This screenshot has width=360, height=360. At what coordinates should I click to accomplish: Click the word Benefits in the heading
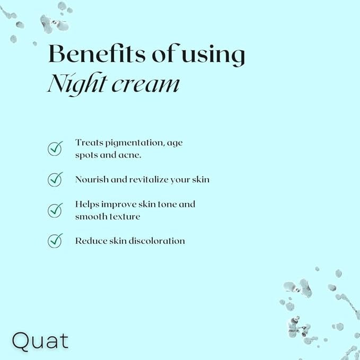[x=97, y=54]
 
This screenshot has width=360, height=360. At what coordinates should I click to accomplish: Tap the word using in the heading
[x=214, y=55]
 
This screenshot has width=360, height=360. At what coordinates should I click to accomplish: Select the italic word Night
[x=77, y=84]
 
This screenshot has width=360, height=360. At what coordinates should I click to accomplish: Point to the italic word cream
[x=146, y=85]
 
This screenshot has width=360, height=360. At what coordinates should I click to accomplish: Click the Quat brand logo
[x=40, y=341]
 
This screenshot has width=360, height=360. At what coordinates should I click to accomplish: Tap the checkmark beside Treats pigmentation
[x=55, y=148]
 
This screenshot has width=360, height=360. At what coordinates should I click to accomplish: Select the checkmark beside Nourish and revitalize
[x=55, y=179]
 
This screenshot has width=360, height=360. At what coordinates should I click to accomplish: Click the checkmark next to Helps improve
[x=55, y=210]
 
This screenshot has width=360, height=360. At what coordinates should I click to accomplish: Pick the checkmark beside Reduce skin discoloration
[x=55, y=241]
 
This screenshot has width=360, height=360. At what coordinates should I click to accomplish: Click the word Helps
[x=87, y=205]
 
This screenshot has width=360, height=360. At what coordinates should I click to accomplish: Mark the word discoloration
[x=157, y=241]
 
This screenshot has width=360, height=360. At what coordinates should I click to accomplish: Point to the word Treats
[x=89, y=143]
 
